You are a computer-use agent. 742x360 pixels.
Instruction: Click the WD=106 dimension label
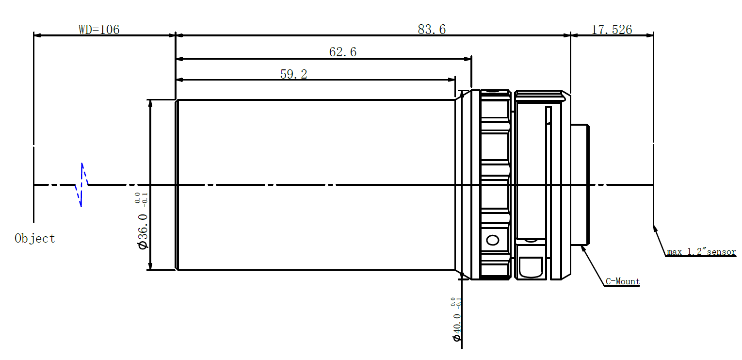[x=99, y=30]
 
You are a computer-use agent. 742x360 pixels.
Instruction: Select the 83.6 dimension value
[x=432, y=30]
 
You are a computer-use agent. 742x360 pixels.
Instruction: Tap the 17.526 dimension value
[x=612, y=30]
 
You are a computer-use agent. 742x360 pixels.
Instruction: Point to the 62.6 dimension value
[x=342, y=52]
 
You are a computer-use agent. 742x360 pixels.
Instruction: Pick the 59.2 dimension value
[x=293, y=74]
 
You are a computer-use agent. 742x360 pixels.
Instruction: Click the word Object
[x=35, y=238]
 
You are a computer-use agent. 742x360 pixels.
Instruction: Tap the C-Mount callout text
[x=622, y=281]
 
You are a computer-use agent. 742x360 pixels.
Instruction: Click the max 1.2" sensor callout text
[x=701, y=252]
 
